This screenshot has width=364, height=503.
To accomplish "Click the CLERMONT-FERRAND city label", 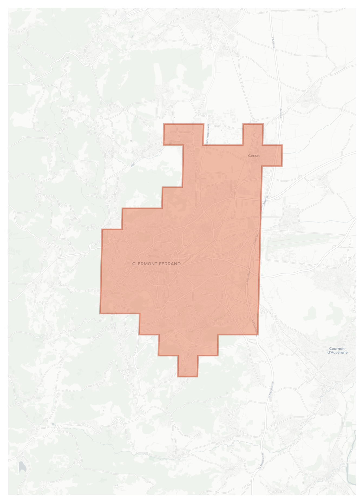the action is click(x=156, y=264).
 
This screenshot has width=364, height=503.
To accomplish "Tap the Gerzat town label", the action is click(x=254, y=156).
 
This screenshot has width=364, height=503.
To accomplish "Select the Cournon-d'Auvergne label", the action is click(x=337, y=350).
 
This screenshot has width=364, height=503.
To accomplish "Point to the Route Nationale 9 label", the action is click(x=208, y=135).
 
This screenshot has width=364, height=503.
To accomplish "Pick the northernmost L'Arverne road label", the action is click(x=273, y=43).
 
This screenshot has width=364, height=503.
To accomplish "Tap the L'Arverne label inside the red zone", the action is click(x=255, y=240).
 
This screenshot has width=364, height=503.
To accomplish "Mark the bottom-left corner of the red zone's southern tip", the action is click(x=178, y=376).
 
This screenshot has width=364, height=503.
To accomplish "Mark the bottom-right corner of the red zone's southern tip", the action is click(x=198, y=376).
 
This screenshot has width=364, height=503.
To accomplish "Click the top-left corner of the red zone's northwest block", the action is click(x=164, y=124).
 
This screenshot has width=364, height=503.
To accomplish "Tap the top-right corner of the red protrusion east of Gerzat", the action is click(x=282, y=145).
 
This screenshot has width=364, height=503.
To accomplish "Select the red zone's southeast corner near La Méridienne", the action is click(x=258, y=334).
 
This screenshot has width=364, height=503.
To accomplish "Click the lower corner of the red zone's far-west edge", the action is click(x=100, y=313).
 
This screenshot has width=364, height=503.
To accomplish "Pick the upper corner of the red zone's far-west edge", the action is click(x=102, y=229).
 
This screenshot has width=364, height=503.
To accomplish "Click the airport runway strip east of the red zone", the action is click(x=298, y=241).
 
